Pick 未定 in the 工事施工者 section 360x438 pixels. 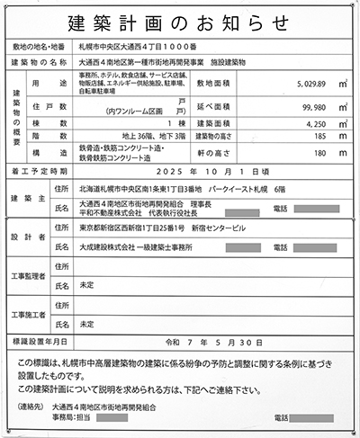(x=87, y=322)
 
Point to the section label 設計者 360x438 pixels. (x=24, y=237)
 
